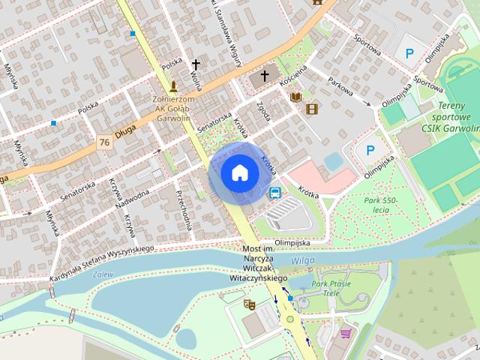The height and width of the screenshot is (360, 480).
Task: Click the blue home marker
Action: click(239, 173)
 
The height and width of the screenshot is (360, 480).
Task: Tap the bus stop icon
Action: click(275, 193)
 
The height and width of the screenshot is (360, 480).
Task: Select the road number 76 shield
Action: click(104, 141)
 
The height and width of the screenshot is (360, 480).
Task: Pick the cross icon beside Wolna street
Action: click(196, 65)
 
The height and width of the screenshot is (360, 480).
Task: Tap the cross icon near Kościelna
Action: click(264, 76)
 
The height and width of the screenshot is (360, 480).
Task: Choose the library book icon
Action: click(295, 97)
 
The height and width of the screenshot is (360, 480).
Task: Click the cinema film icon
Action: click(312, 109)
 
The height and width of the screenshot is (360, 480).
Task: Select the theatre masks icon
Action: click(249, 304)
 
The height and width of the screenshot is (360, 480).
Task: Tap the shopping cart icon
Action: click(346, 333)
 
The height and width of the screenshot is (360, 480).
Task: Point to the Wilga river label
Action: click(303, 260)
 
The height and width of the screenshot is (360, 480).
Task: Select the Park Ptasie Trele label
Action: click(331, 288)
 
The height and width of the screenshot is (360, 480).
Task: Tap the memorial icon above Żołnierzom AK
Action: click(174, 86)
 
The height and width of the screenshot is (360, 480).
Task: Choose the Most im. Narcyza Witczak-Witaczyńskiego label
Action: click(265, 263)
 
